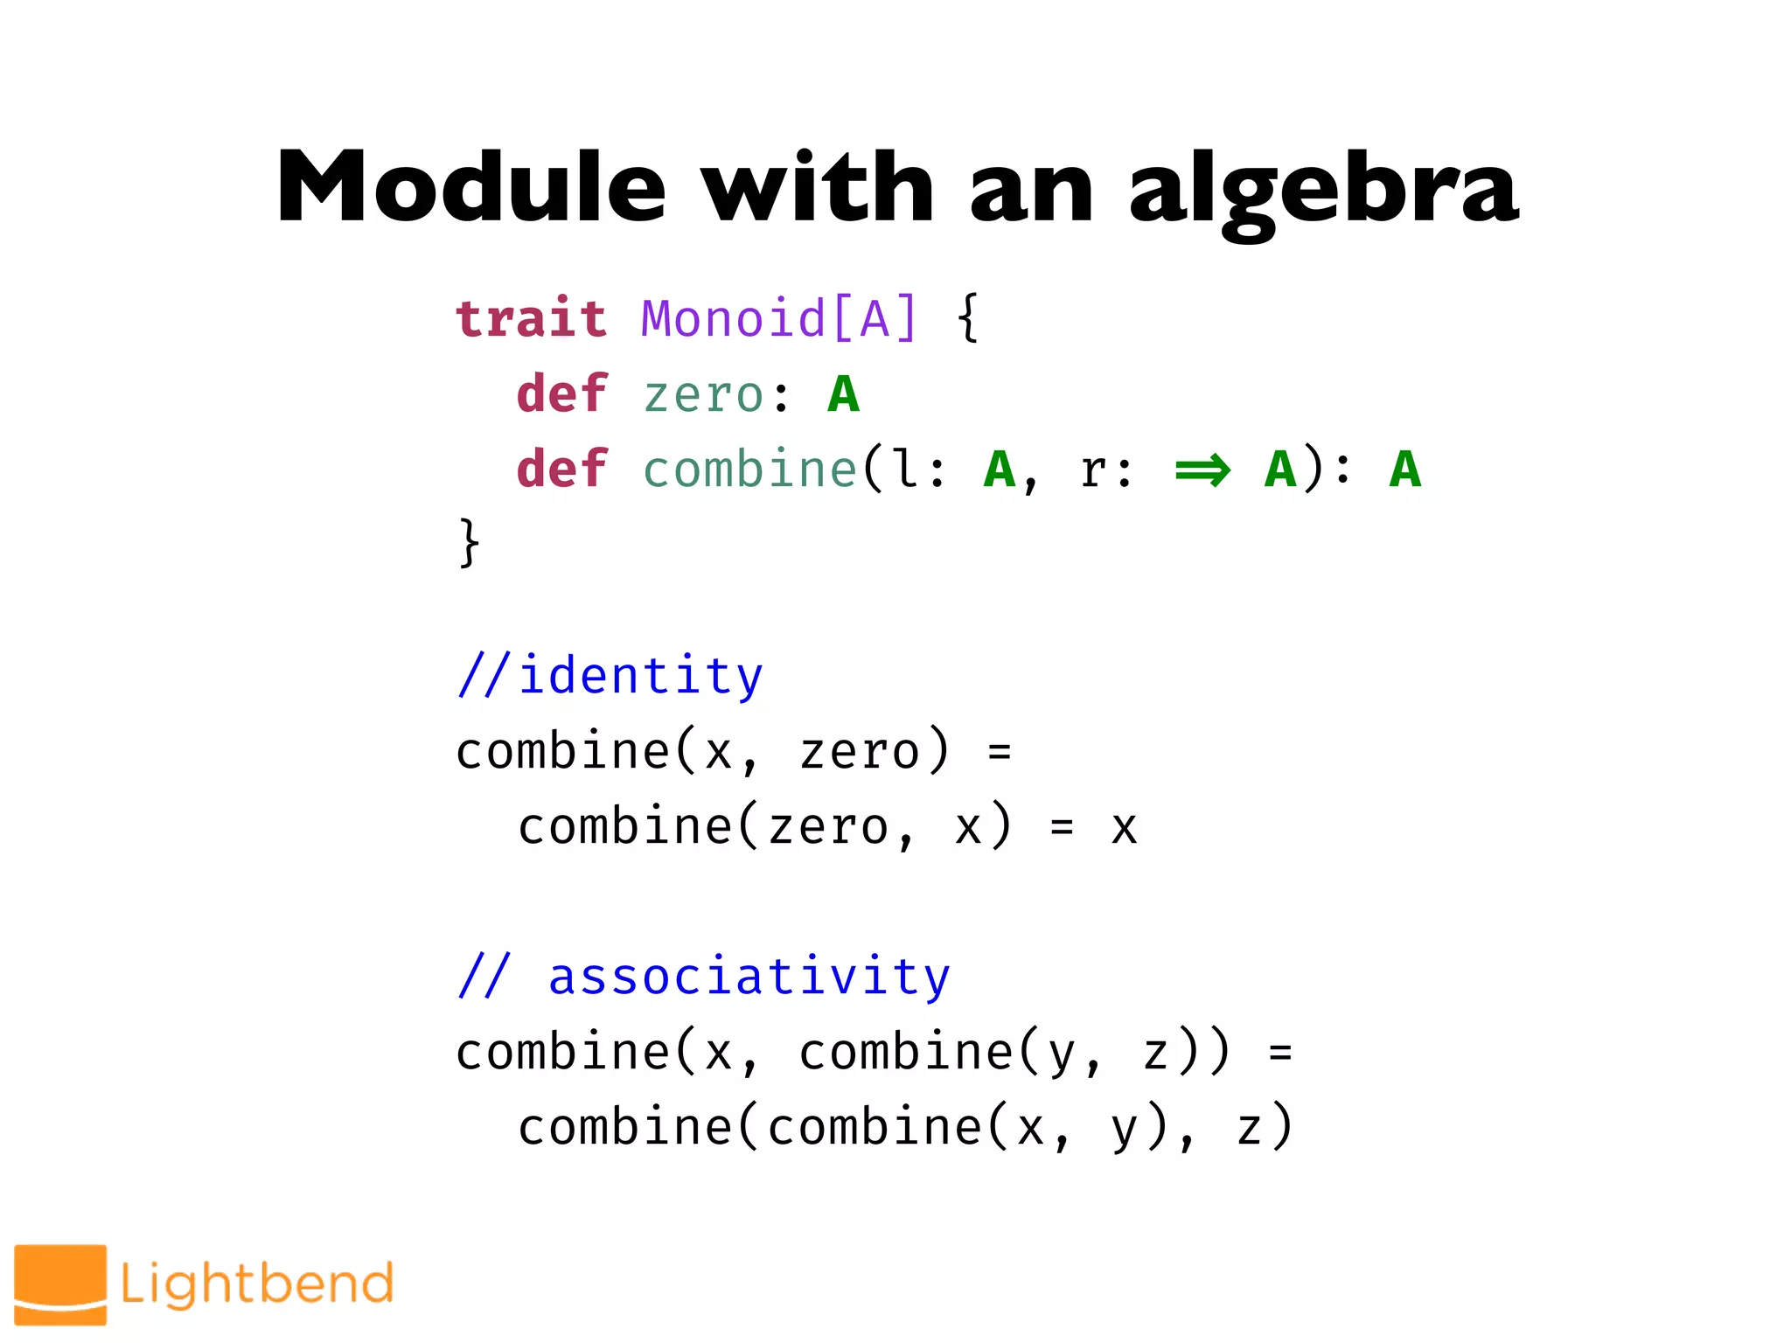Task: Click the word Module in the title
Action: (x=471, y=188)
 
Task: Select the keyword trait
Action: (x=531, y=318)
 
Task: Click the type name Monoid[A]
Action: (x=779, y=318)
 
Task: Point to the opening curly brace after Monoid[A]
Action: (x=967, y=318)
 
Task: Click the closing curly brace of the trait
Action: (x=470, y=543)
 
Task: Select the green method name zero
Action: (x=704, y=395)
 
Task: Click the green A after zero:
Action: (x=844, y=394)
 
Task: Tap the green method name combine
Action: (x=749, y=470)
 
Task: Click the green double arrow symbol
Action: (x=1202, y=470)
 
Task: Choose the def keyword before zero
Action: (x=561, y=394)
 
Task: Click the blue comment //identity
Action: (x=610, y=676)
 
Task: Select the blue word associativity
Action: (x=749, y=977)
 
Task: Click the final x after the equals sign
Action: (x=1124, y=828)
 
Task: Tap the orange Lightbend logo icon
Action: (x=60, y=1284)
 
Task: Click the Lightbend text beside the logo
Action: (x=257, y=1284)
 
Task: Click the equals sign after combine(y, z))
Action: (x=1280, y=1053)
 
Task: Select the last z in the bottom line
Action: (x=1249, y=1128)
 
